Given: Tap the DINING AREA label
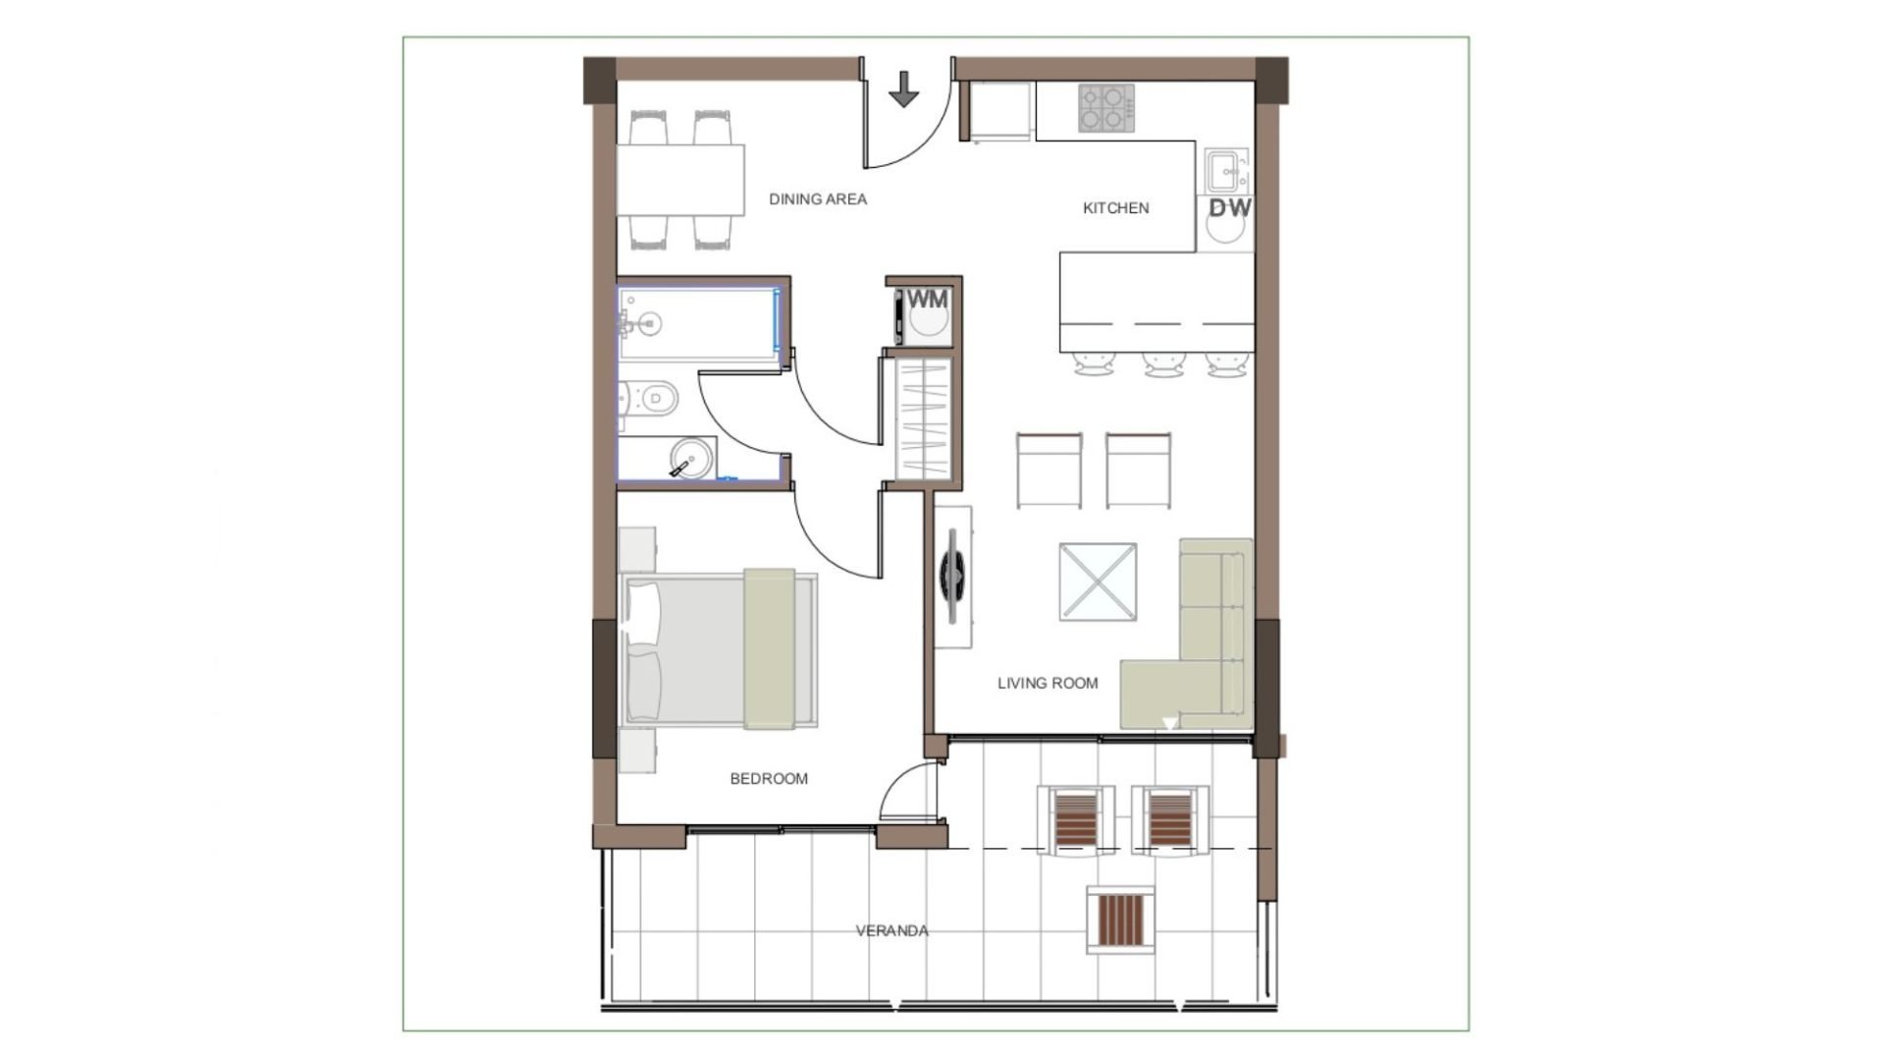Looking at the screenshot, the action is (x=818, y=199).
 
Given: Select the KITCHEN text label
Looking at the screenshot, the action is (x=1115, y=208).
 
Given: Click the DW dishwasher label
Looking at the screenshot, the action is (x=1230, y=208).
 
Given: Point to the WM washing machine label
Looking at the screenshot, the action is (x=928, y=298).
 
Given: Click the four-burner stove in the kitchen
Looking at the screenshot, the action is (x=1106, y=108).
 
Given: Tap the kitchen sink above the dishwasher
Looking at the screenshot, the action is (x=1226, y=171).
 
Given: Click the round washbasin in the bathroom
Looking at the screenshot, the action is (x=692, y=459).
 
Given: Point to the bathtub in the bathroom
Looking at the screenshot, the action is (x=698, y=323).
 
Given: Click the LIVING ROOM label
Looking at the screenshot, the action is (x=1048, y=684).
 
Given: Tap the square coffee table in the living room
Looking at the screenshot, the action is (x=1098, y=582).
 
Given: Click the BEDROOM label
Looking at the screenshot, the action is (x=769, y=779).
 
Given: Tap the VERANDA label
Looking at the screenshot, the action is (x=891, y=930).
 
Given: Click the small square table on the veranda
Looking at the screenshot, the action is (x=1120, y=919).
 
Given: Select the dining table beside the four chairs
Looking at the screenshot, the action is (x=680, y=180).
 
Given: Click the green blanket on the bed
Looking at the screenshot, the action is (x=769, y=648).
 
